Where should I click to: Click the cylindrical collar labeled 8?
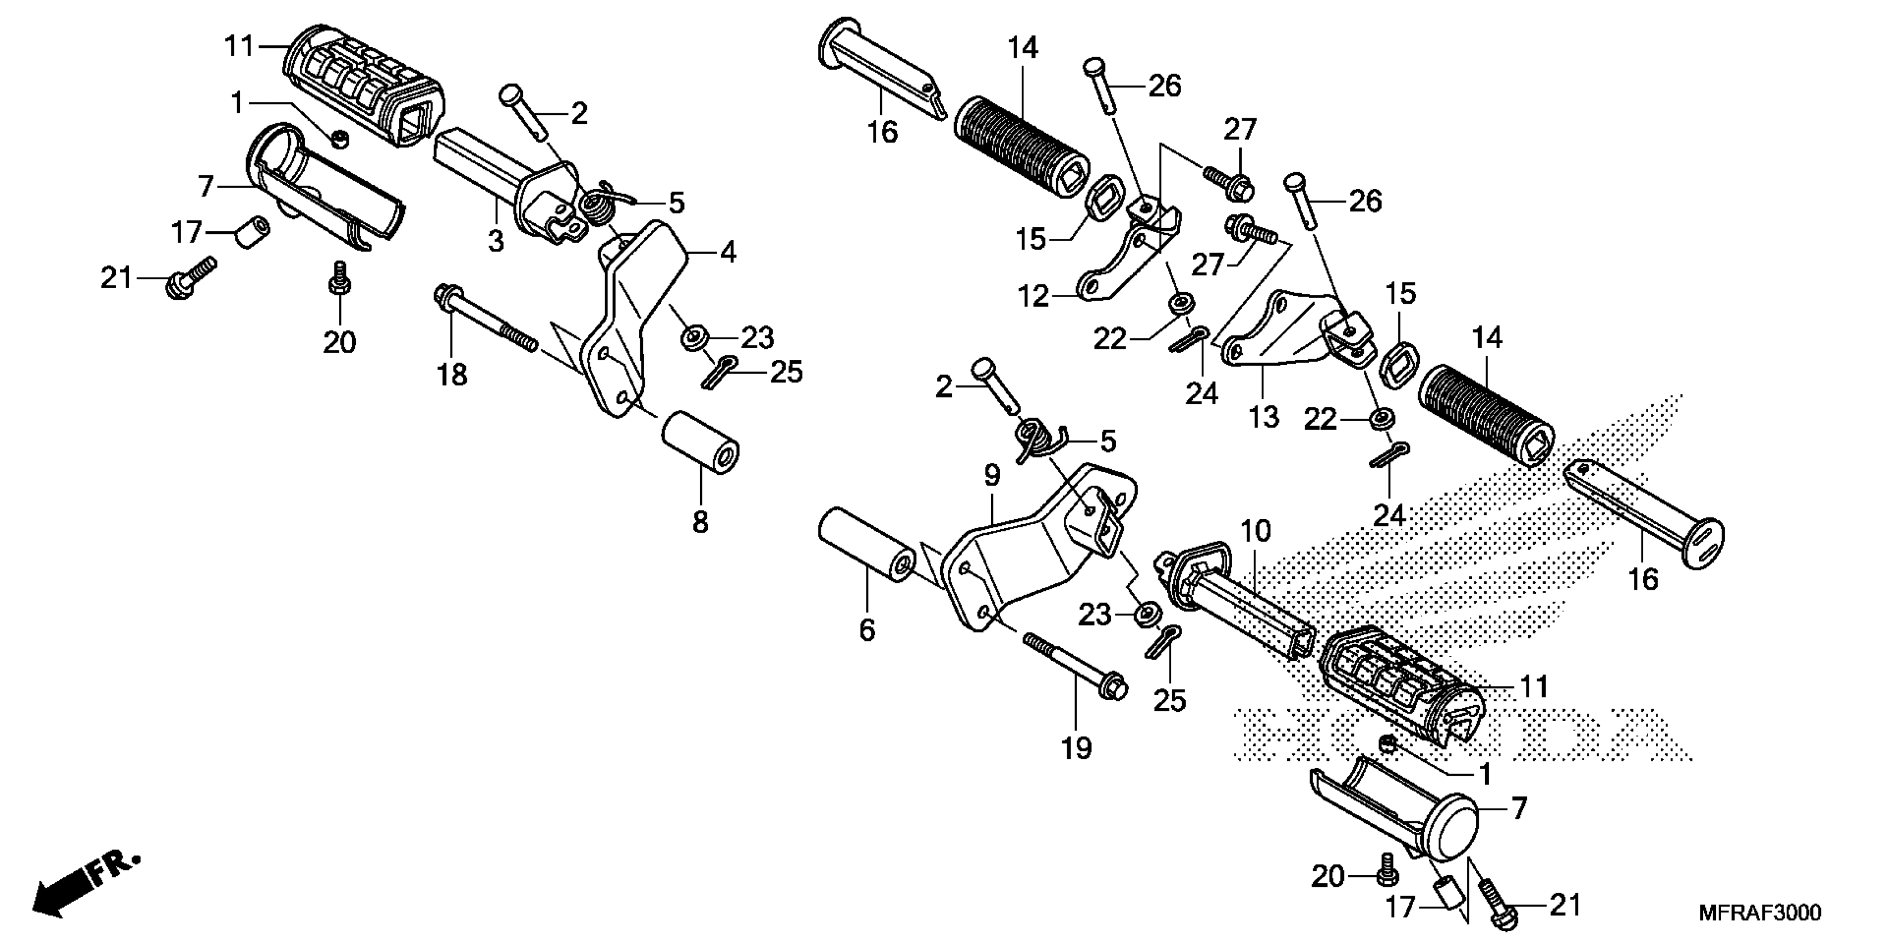(700, 442)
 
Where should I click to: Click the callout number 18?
(452, 375)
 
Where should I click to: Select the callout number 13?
(1263, 416)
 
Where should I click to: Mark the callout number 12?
(1033, 297)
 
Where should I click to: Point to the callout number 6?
(867, 630)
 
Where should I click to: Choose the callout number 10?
(1256, 531)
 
